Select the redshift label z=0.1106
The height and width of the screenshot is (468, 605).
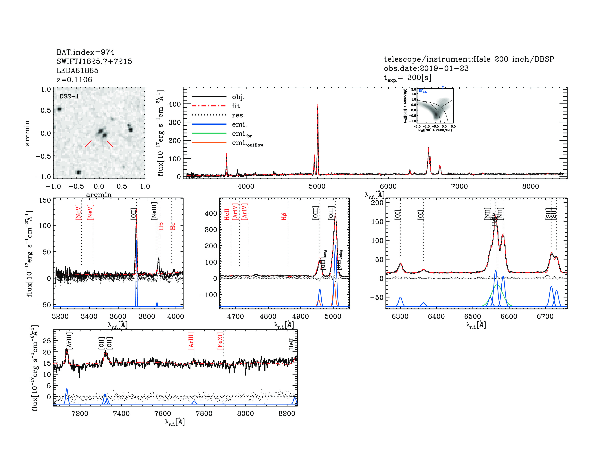click(x=74, y=80)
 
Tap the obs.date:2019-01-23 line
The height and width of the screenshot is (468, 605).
click(x=426, y=68)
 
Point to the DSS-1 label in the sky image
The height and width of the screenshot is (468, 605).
click(x=69, y=97)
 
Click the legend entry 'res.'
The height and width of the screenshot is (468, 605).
click(x=238, y=115)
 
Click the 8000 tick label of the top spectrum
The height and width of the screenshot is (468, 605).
click(x=531, y=186)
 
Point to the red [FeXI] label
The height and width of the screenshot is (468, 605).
click(x=220, y=341)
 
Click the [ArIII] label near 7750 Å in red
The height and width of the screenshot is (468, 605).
click(x=191, y=341)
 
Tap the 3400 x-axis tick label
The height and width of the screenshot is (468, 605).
click(x=89, y=317)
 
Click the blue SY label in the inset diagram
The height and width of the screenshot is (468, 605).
click(x=422, y=91)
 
